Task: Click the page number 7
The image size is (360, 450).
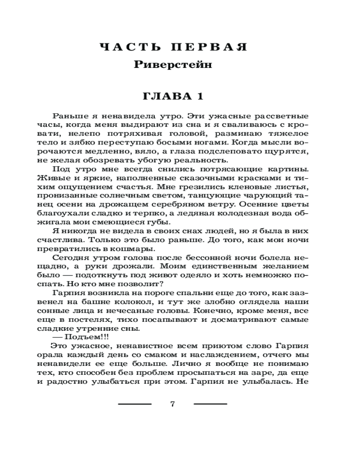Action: pyautogui.click(x=173, y=404)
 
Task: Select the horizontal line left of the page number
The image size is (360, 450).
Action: pyautogui.click(x=135, y=404)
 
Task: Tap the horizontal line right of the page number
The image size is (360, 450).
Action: pyautogui.click(x=210, y=404)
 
